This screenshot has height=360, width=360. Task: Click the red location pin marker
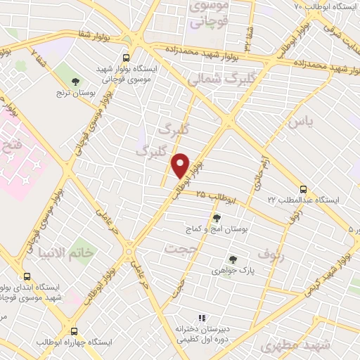click(x=181, y=166)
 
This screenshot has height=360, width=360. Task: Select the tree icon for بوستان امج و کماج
click(x=216, y=219)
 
